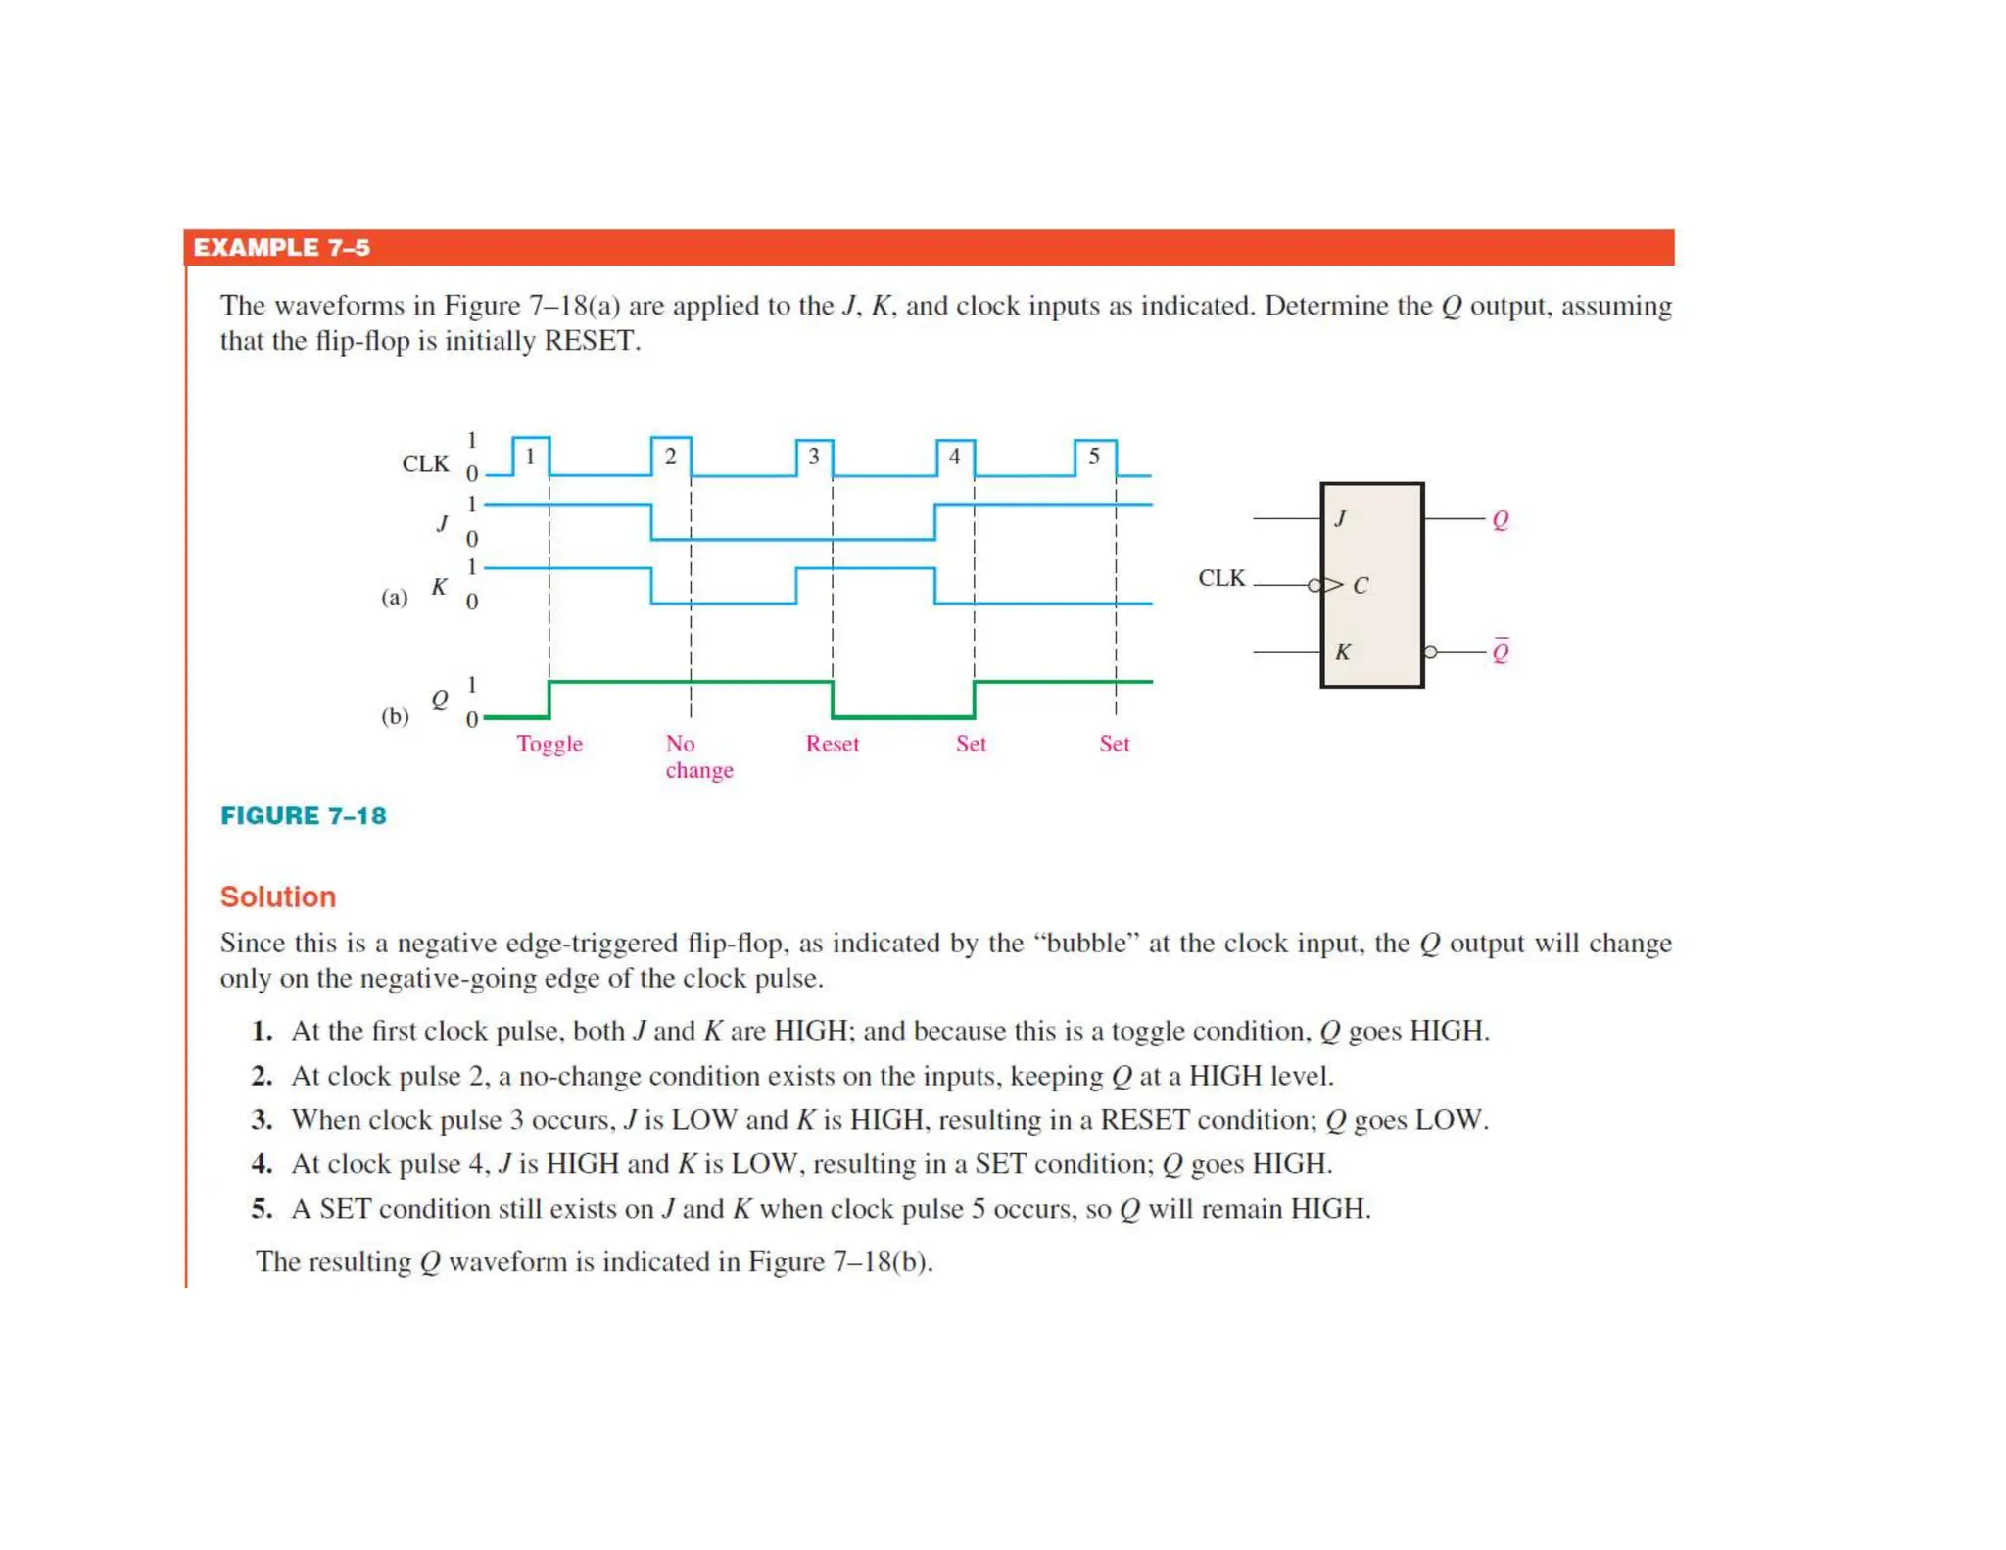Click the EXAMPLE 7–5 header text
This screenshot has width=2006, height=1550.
point(281,248)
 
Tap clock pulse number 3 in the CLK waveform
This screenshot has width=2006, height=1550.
point(813,457)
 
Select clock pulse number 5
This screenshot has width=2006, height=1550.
point(1094,457)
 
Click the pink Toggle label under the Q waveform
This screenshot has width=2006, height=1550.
point(549,744)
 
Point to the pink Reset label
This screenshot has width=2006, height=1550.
point(832,744)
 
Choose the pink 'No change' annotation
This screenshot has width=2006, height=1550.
point(698,756)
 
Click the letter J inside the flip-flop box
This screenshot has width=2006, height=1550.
point(1340,518)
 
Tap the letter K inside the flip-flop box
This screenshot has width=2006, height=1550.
point(1342,652)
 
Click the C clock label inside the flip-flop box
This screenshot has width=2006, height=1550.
point(1360,586)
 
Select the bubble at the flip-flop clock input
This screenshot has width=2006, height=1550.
point(1314,586)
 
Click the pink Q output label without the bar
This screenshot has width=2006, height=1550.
point(1500,519)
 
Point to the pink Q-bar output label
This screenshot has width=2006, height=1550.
point(1500,652)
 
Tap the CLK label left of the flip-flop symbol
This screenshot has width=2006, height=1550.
point(1221,578)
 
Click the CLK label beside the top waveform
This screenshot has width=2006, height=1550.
point(425,463)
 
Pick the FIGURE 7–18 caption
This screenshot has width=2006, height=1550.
point(303,816)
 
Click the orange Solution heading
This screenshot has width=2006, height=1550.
point(277,896)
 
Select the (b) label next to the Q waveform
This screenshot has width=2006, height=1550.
point(395,716)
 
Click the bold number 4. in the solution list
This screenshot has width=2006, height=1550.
point(262,1164)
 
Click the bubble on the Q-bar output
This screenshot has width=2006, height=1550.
point(1430,652)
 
